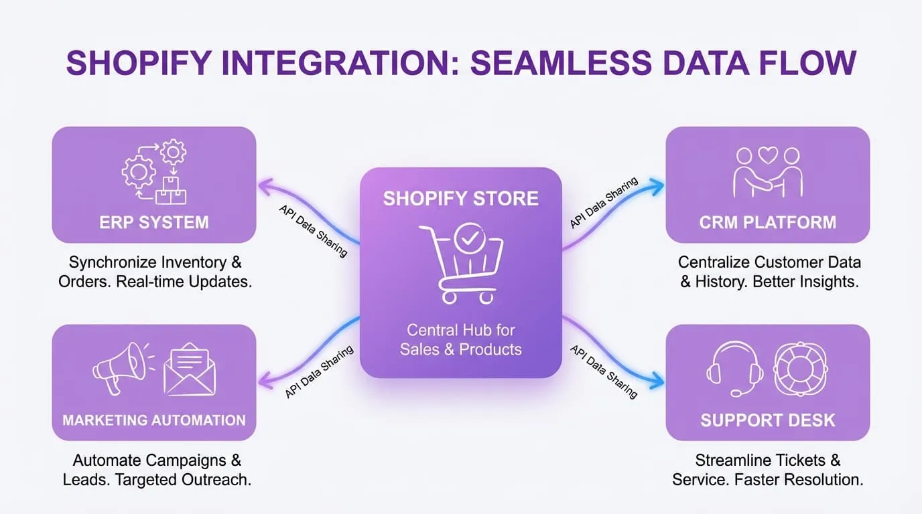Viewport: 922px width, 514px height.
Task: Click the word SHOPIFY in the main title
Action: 138,64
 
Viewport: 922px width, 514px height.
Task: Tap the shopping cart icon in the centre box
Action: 461,264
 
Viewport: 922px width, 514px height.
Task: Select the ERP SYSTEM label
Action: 154,222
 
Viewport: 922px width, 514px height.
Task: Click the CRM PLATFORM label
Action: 768,222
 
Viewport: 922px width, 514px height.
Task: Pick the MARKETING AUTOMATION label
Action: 154,420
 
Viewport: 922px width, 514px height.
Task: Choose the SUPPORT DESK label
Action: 768,420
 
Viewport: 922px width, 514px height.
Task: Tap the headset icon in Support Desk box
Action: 734,369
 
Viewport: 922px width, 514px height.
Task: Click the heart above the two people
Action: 768,155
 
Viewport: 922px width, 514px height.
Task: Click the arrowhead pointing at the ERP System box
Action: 263,185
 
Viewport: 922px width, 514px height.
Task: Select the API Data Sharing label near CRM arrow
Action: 604,203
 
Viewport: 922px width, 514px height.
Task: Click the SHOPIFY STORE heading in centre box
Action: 461,199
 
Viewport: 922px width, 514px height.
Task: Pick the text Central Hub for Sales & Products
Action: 461,339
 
